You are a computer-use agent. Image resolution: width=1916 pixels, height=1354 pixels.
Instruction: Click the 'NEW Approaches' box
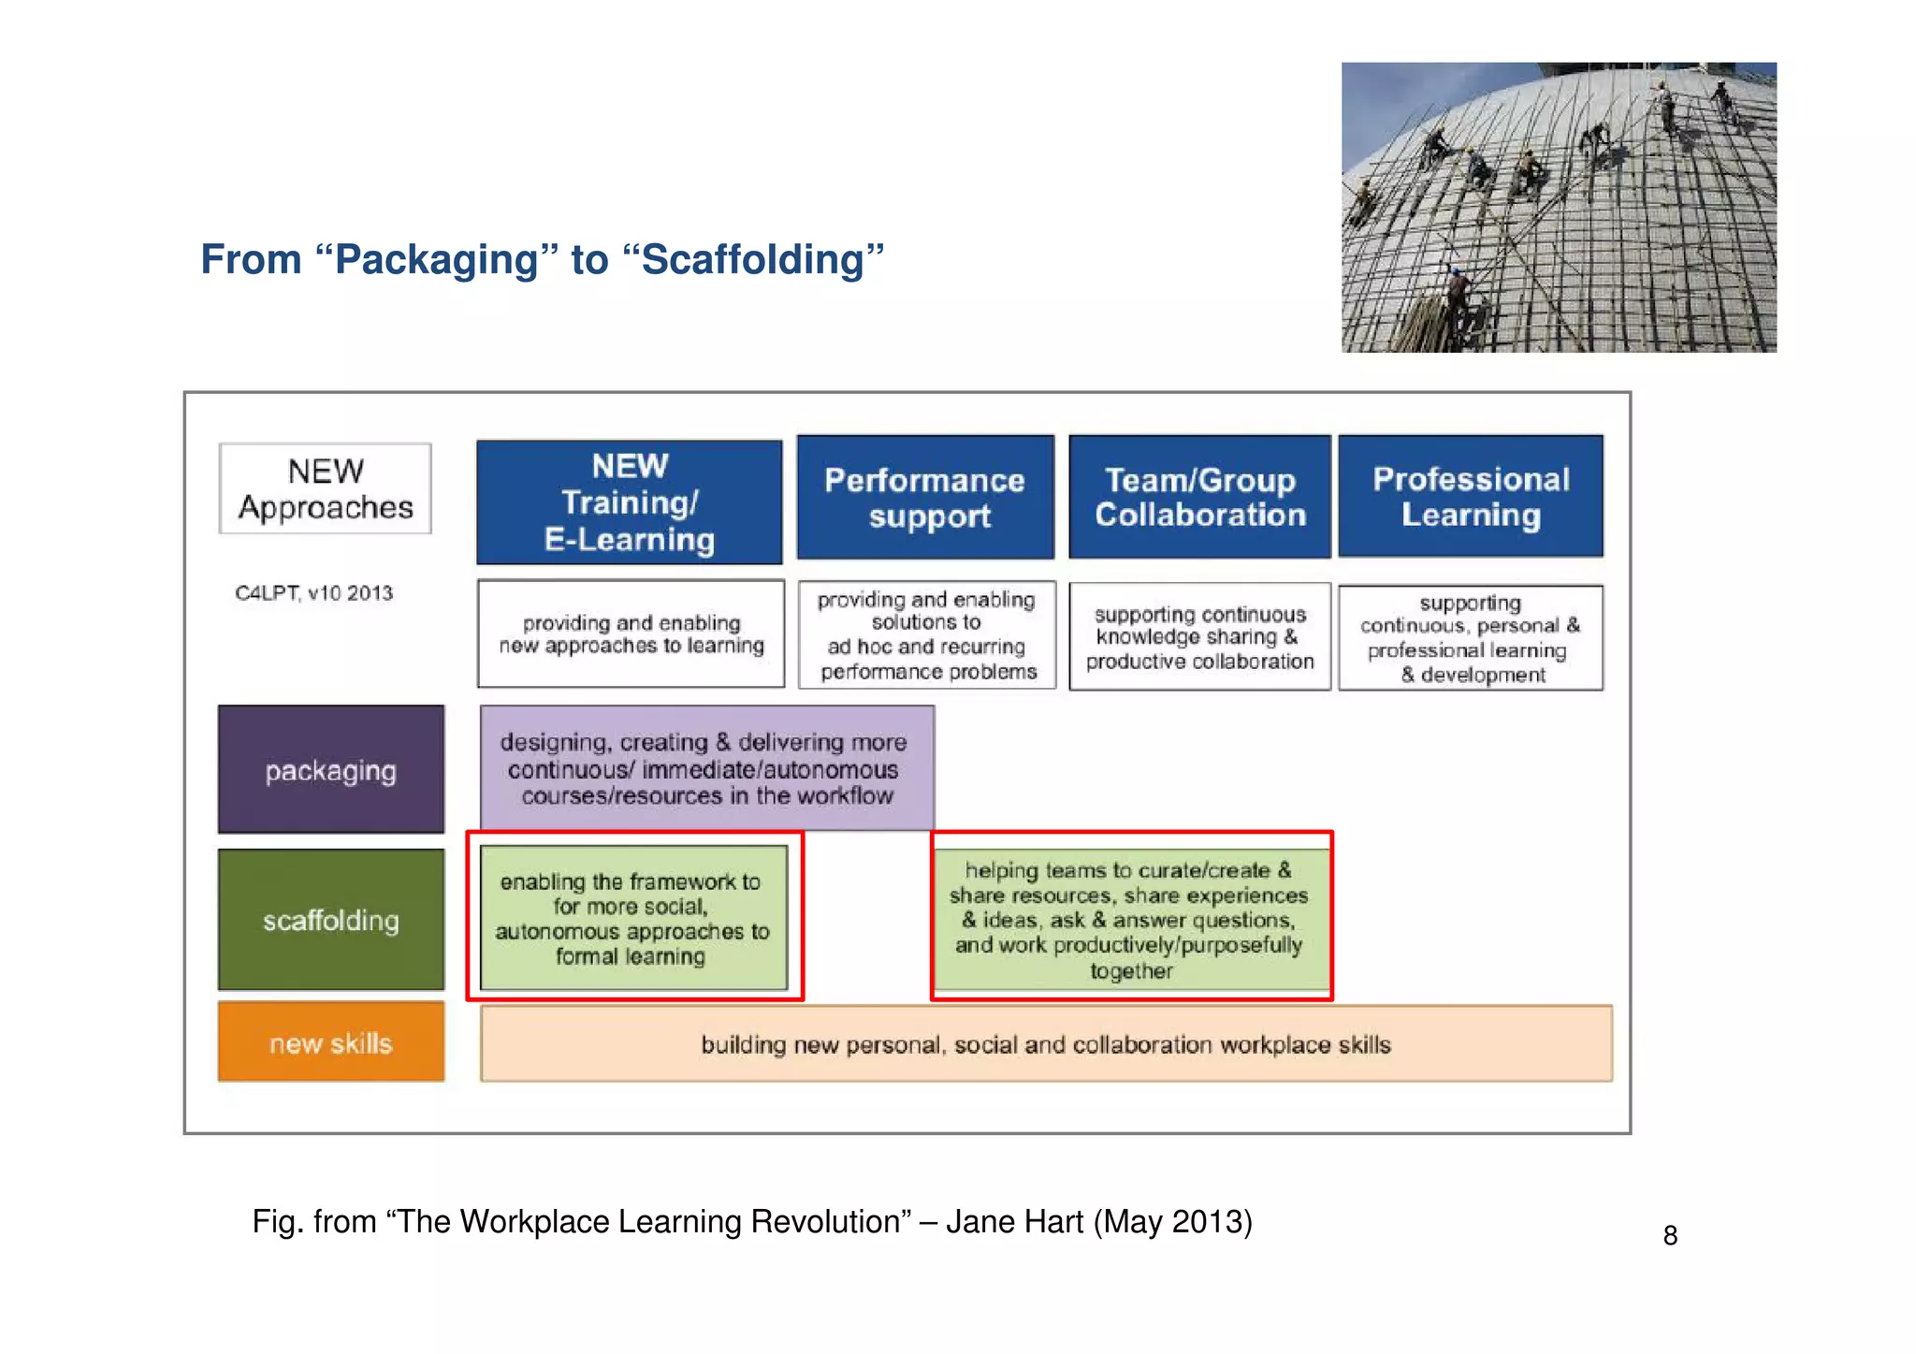click(x=326, y=488)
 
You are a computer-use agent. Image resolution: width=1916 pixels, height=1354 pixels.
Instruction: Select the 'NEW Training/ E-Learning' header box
click(x=630, y=502)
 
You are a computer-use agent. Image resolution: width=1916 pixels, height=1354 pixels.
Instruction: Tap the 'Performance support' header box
click(x=925, y=497)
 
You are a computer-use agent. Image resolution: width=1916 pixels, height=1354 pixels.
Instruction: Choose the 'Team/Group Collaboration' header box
click(x=1200, y=497)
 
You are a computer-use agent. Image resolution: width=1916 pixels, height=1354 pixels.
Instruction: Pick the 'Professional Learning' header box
click(x=1471, y=496)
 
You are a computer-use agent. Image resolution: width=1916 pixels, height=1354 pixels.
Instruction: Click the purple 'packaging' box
click(x=331, y=770)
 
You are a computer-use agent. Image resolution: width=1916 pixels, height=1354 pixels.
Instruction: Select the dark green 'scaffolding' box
click(x=331, y=920)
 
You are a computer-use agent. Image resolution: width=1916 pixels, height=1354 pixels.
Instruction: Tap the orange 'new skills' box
click(x=331, y=1042)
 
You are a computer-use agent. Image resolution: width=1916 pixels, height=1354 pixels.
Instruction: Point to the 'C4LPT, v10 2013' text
click(x=314, y=593)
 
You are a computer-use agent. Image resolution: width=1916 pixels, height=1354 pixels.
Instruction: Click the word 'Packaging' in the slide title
click(x=437, y=260)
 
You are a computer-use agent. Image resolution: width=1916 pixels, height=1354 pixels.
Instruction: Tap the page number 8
click(x=1670, y=1236)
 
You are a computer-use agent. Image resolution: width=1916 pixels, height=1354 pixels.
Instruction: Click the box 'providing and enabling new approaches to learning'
click(x=631, y=634)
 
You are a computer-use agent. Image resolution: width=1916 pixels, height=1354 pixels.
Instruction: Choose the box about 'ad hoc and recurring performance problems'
click(x=927, y=635)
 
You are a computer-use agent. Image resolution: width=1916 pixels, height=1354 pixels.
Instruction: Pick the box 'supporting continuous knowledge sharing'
click(x=1200, y=637)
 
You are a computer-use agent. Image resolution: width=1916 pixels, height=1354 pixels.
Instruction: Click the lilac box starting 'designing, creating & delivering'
click(x=707, y=768)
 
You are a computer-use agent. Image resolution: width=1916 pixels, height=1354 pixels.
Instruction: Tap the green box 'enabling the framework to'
click(x=633, y=918)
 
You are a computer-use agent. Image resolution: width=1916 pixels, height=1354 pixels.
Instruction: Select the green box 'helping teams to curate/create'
click(x=1131, y=919)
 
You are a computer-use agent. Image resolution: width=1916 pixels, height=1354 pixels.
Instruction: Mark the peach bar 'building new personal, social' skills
click(x=1046, y=1044)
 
